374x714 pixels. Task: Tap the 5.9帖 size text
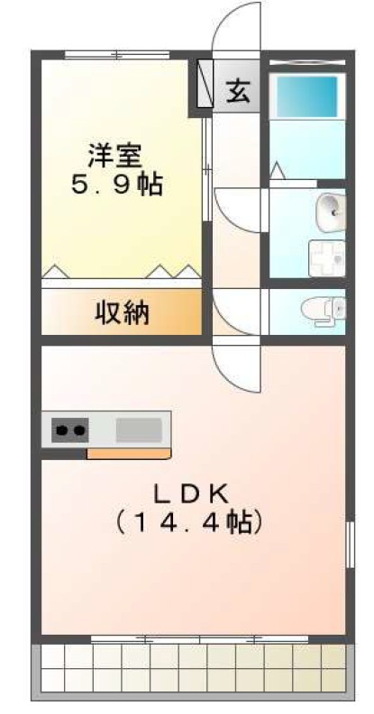(116, 186)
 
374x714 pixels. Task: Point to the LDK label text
(193, 493)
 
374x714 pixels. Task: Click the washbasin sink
(329, 212)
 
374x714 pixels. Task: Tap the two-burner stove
(70, 429)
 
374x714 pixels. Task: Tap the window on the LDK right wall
(349, 546)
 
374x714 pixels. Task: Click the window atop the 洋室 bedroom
(118, 55)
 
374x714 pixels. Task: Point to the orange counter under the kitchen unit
(128, 453)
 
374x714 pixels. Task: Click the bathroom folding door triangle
(278, 168)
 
